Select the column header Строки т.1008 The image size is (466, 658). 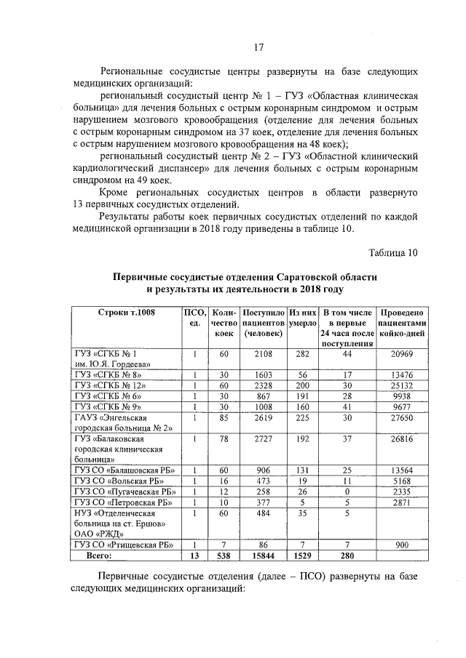pyautogui.click(x=126, y=312)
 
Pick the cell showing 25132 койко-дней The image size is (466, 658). pyautogui.click(x=402, y=385)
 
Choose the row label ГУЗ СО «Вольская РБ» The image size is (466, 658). pyautogui.click(x=118, y=481)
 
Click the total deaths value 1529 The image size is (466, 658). pyautogui.click(x=301, y=555)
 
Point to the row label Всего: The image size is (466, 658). pyautogui.click(x=98, y=555)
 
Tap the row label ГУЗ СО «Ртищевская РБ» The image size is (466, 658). pyautogui.click(x=122, y=545)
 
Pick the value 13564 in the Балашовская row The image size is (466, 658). pyautogui.click(x=402, y=470)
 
